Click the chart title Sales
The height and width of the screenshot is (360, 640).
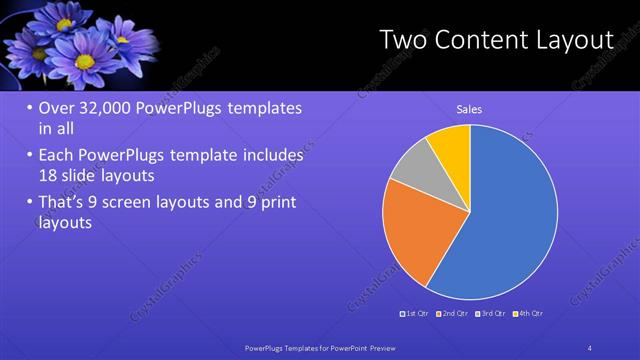[470, 109]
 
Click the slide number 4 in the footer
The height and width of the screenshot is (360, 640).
[590, 347]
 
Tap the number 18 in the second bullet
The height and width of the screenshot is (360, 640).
[47, 174]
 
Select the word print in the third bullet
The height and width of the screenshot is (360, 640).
[276, 202]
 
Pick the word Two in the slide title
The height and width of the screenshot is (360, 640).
[404, 40]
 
